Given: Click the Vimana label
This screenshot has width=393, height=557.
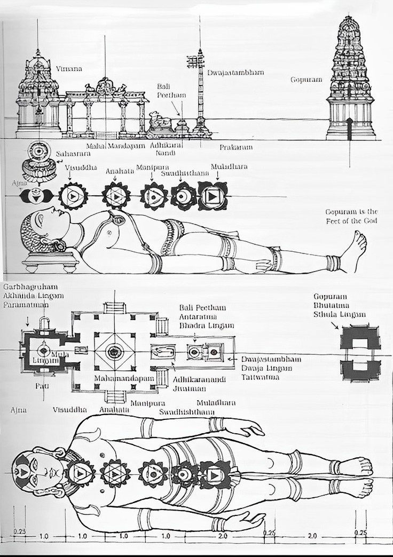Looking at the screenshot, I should tap(66, 69).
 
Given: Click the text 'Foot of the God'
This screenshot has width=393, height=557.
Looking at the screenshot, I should tap(351, 221).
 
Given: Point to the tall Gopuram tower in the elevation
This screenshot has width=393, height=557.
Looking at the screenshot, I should tap(350, 80).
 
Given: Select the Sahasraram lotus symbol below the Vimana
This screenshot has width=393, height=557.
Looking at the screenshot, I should tap(38, 160).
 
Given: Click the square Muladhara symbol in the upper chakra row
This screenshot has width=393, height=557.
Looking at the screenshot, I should tap(212, 196).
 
